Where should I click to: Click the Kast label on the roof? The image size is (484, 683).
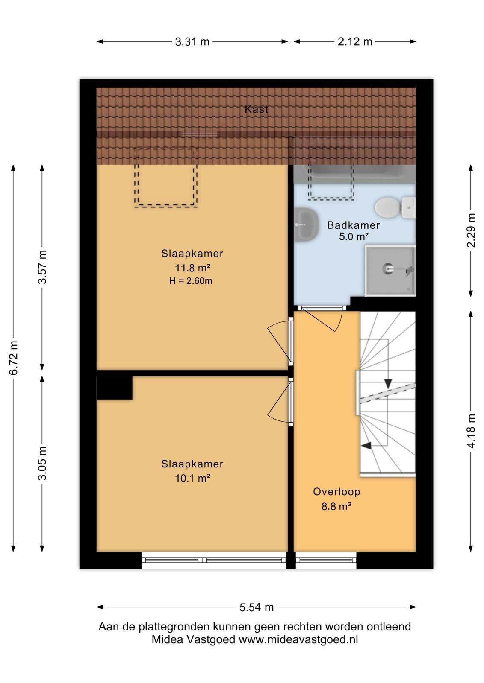(256, 109)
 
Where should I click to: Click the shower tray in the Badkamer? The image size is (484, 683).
(390, 271)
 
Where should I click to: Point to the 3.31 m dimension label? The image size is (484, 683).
(192, 41)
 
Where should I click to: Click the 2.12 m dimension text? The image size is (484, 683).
(355, 41)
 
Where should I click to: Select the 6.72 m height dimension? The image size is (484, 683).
(14, 358)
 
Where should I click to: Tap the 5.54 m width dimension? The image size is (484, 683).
(256, 607)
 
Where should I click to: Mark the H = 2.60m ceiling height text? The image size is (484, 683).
(191, 281)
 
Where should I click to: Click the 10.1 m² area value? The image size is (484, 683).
(192, 478)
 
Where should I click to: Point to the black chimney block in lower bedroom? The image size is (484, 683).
(115, 388)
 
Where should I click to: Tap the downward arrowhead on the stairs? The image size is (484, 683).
(388, 383)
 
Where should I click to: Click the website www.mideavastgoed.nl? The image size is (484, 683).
(298, 639)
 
